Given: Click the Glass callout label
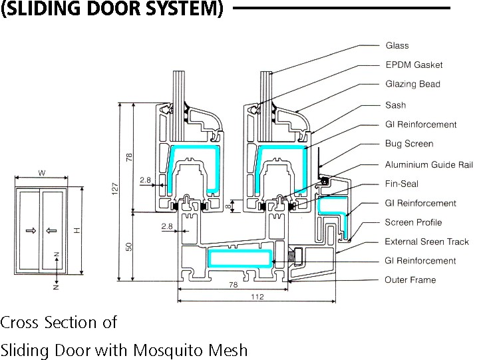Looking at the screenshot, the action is (397, 46).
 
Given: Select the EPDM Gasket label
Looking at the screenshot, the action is (414, 65).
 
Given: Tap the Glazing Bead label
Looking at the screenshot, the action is (412, 84).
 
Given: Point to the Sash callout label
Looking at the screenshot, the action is (396, 105).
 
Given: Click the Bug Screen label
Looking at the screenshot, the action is (409, 144).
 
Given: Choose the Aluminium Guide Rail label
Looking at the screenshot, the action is (429, 164).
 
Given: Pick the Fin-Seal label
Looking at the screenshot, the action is (402, 184).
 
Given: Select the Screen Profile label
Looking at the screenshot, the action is (413, 222).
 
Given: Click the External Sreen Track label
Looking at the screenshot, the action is (426, 242).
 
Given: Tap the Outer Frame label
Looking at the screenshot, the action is (410, 280).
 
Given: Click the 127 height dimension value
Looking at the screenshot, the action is (115, 188).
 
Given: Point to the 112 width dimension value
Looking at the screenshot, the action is (257, 297).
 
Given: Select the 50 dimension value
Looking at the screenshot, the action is (129, 247).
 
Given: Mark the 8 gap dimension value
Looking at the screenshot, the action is (228, 206).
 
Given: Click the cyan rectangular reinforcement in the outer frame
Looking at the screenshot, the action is (240, 258).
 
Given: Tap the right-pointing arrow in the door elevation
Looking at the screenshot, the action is (31, 230).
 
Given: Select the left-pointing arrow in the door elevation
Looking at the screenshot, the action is (51, 230).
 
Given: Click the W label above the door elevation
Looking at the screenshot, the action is (42, 173).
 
